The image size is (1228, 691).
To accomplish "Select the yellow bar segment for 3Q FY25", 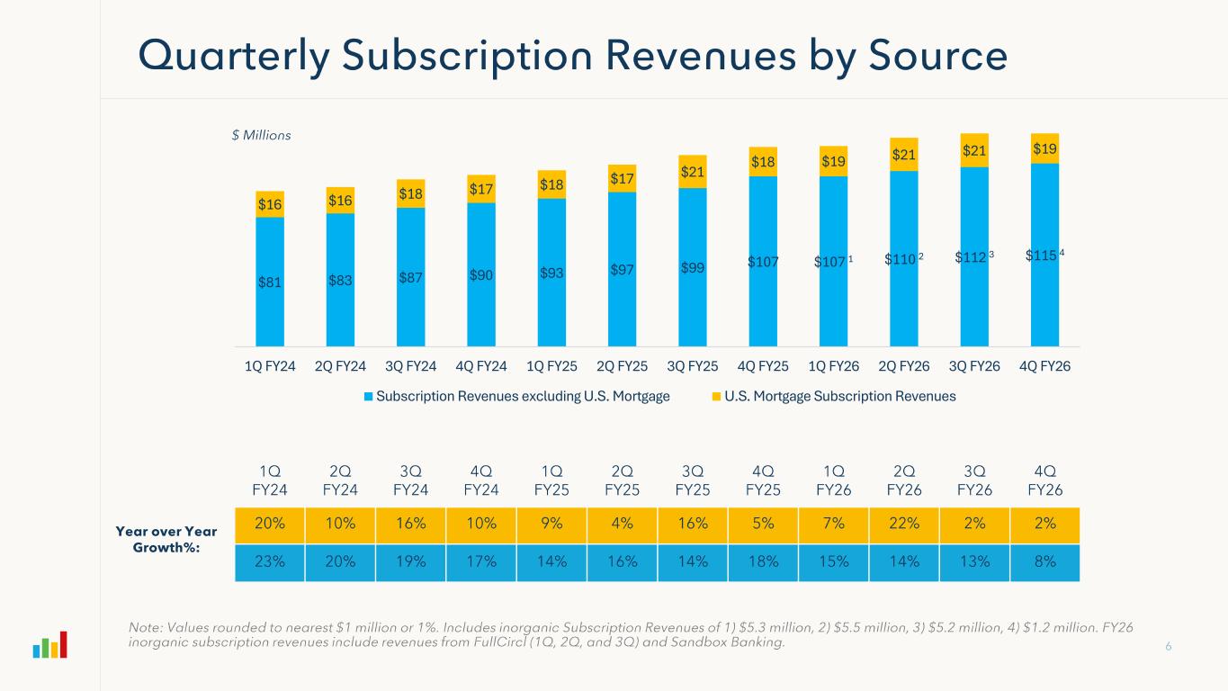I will click(693, 171).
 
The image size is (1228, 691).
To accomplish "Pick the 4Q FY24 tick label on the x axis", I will click(481, 367).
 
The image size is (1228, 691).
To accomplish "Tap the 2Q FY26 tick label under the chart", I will click(904, 367).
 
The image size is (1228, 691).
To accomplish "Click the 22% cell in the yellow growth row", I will click(903, 525).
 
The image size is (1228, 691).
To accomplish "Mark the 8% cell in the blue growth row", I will click(1044, 561).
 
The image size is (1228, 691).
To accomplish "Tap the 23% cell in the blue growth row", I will click(270, 561).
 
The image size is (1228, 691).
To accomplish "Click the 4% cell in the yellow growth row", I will click(622, 525).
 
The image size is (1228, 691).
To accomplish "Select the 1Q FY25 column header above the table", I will click(551, 480).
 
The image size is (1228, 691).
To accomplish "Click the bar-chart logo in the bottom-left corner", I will click(50, 645).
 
